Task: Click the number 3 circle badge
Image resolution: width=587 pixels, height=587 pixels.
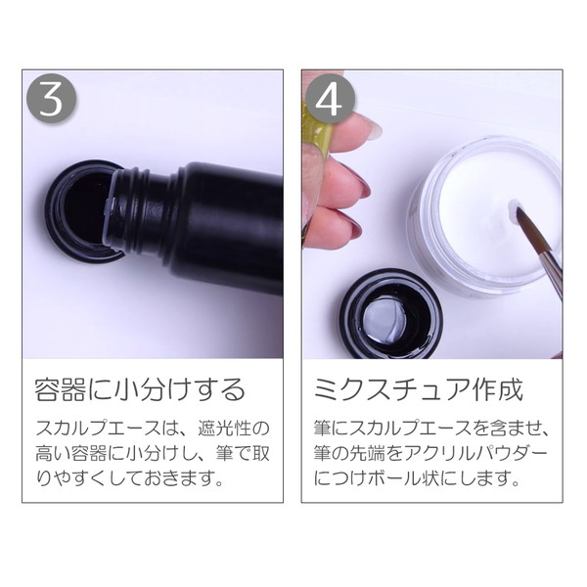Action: pos(51,99)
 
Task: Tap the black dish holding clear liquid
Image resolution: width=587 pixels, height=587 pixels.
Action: pos(390,315)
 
